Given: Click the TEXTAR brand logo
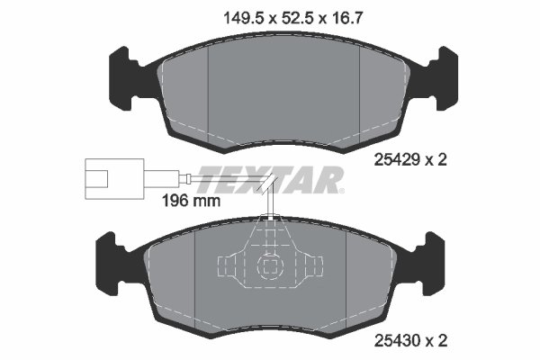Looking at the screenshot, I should (x=270, y=179).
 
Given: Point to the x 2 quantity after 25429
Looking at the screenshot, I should (x=437, y=159).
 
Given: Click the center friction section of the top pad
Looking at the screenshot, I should (x=283, y=90).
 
